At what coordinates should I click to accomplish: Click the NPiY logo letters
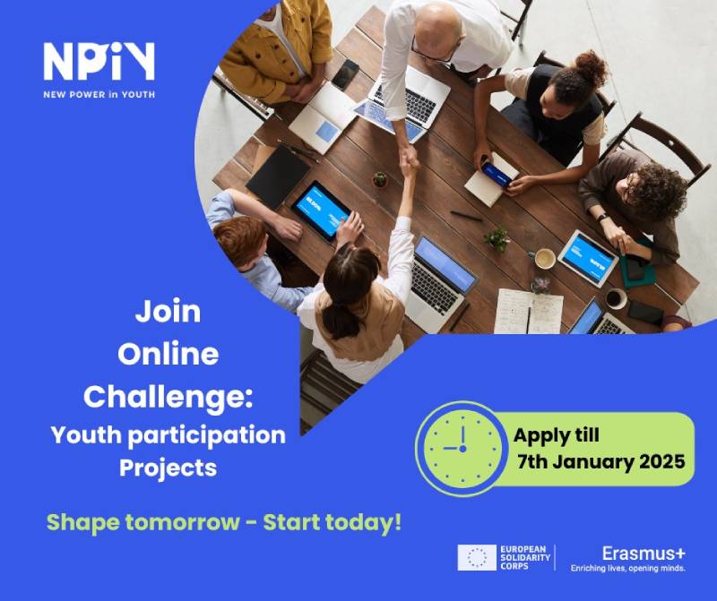pyautogui.click(x=99, y=61)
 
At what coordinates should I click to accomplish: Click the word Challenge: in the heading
pyautogui.click(x=168, y=393)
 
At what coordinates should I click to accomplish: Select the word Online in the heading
pyautogui.click(x=168, y=353)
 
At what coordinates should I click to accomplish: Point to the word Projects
pyautogui.click(x=168, y=467)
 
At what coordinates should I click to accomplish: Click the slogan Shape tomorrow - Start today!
pyautogui.click(x=224, y=522)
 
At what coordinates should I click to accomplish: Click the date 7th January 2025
pyautogui.click(x=601, y=463)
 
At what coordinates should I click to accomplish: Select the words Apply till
pyautogui.click(x=556, y=436)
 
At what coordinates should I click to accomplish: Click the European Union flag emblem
pyautogui.click(x=477, y=557)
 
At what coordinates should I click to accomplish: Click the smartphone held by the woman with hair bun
pyautogui.click(x=495, y=173)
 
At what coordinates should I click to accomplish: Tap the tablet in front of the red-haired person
pyautogui.click(x=321, y=210)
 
